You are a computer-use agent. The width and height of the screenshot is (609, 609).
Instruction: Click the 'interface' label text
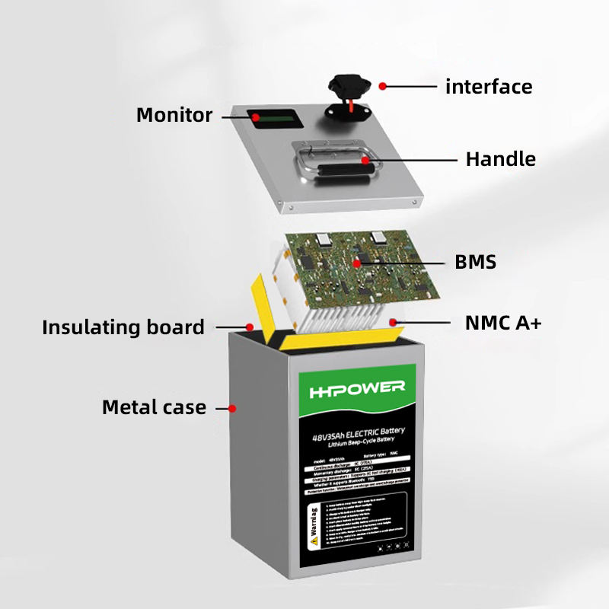point(488,86)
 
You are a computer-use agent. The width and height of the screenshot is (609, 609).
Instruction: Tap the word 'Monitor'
point(174,116)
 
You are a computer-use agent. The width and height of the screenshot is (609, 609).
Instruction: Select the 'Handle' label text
point(500,159)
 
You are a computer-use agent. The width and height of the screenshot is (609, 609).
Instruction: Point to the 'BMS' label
point(475,263)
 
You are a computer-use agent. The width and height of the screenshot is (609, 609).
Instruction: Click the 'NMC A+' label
point(503,324)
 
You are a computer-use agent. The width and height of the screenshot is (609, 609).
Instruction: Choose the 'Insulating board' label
point(123,328)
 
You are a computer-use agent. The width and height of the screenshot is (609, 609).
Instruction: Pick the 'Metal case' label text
point(154,407)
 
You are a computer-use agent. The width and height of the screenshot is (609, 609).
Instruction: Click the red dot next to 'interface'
point(383,86)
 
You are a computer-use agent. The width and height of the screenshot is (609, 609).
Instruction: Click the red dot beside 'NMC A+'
point(394,322)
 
